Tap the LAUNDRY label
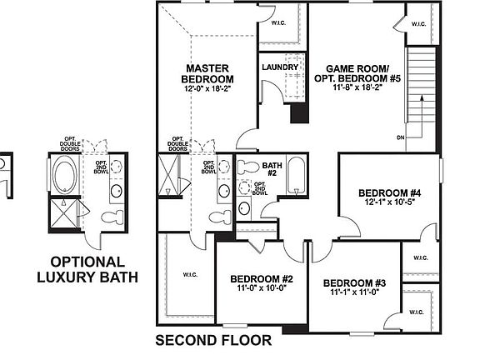[279, 67]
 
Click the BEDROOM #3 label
[354, 283]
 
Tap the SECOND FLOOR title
[213, 340]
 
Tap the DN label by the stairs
[401, 137]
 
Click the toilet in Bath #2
[245, 167]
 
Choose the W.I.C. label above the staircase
[418, 24]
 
